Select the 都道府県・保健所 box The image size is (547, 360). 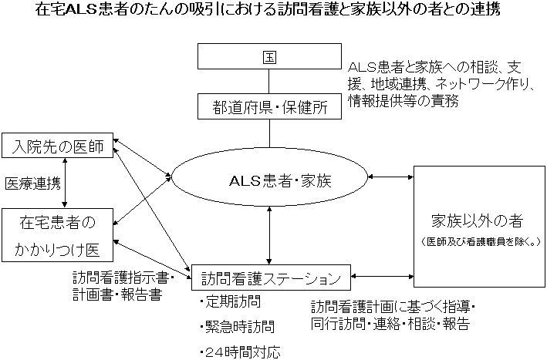tap(268, 106)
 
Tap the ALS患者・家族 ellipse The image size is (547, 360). tap(269, 180)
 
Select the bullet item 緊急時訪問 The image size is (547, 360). tap(235, 327)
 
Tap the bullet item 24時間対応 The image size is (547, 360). tap(239, 352)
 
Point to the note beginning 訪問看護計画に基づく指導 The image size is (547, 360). tap(392, 315)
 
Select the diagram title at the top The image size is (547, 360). tap(272, 12)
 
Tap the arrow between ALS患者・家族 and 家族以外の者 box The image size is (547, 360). tap(392, 177)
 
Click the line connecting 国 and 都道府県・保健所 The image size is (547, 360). tap(268, 82)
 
